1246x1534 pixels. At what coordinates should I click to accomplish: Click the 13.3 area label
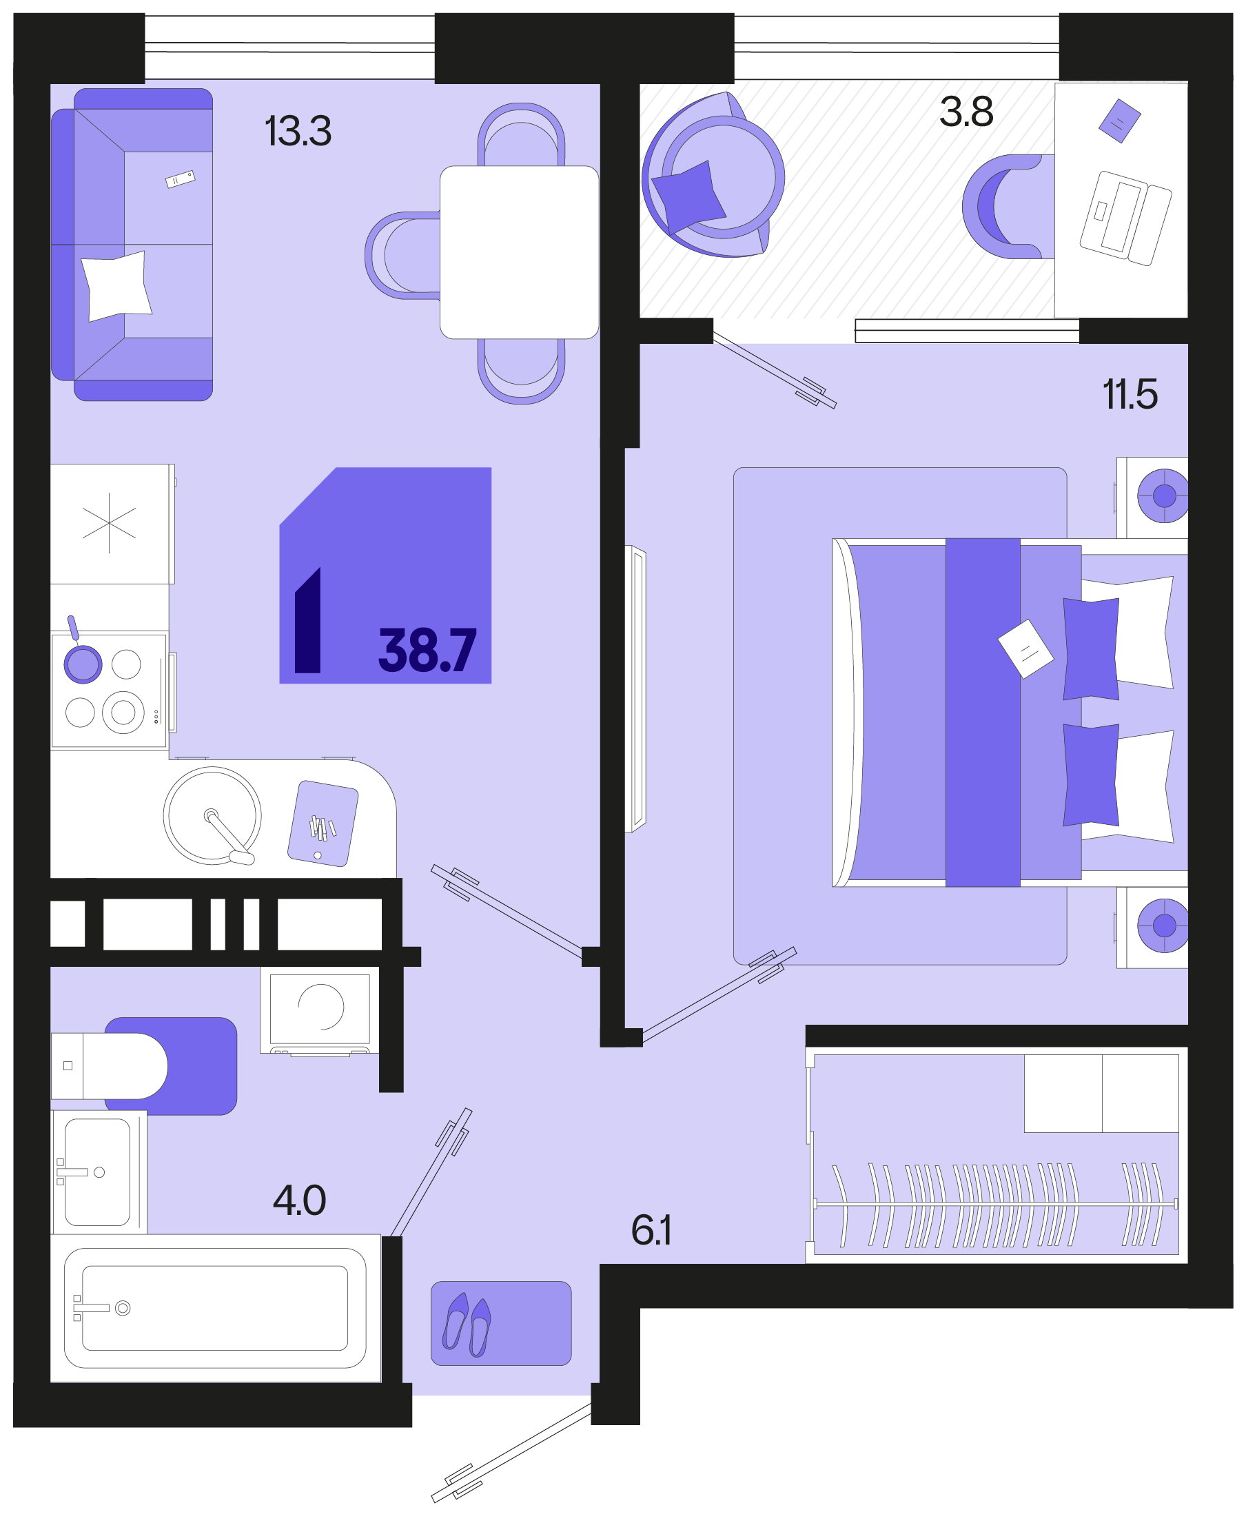[x=298, y=132]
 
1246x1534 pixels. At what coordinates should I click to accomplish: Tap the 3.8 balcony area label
[x=966, y=112]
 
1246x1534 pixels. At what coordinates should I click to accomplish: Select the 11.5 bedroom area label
[x=1130, y=395]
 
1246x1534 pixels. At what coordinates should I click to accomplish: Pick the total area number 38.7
[x=427, y=650]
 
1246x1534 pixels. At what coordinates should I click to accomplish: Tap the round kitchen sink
[x=212, y=815]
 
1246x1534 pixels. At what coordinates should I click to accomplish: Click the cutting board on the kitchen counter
[x=323, y=824]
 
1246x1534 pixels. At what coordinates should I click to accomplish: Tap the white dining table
[x=519, y=252]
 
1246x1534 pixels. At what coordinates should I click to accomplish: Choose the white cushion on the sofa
[x=116, y=287]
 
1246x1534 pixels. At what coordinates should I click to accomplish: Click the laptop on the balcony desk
[x=1125, y=218]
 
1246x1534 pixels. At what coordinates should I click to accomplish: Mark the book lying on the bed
[x=1025, y=649]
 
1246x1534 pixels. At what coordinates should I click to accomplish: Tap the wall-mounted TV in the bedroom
[x=636, y=689]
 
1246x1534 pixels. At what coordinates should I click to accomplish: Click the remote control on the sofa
[x=180, y=178]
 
